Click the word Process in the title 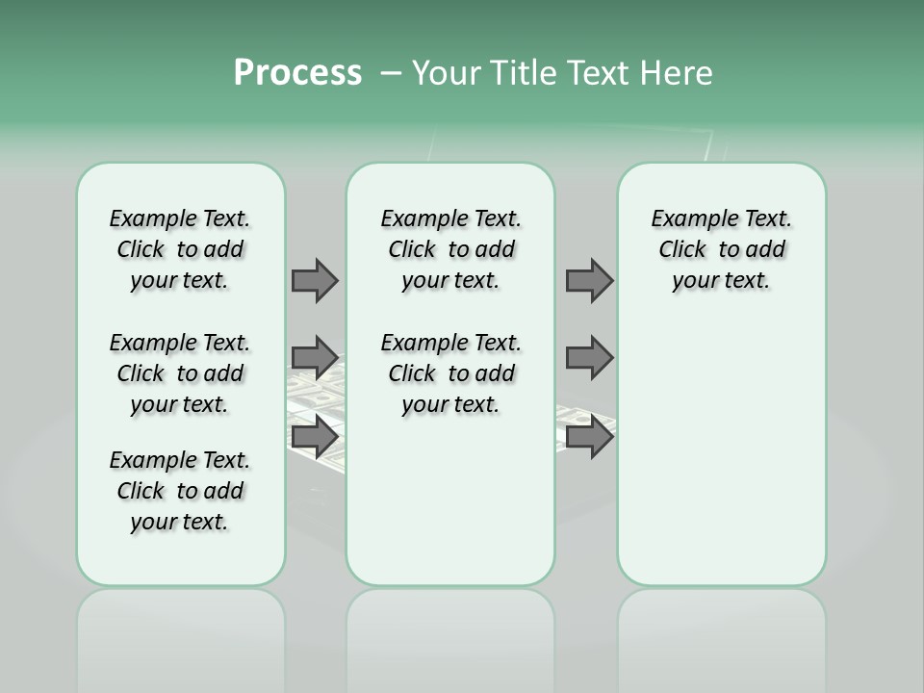297,72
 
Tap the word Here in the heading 676,72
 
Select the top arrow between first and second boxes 315,280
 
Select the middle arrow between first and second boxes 315,358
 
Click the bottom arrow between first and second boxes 315,437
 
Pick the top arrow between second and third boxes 589,280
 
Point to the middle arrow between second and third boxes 589,358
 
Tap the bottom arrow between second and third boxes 589,437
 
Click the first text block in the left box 180,249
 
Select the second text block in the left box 180,373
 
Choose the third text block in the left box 180,491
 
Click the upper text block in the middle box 450,249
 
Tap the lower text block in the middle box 450,373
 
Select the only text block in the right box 721,249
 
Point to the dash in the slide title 391,72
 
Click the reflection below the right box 721,635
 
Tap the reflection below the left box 180,635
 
